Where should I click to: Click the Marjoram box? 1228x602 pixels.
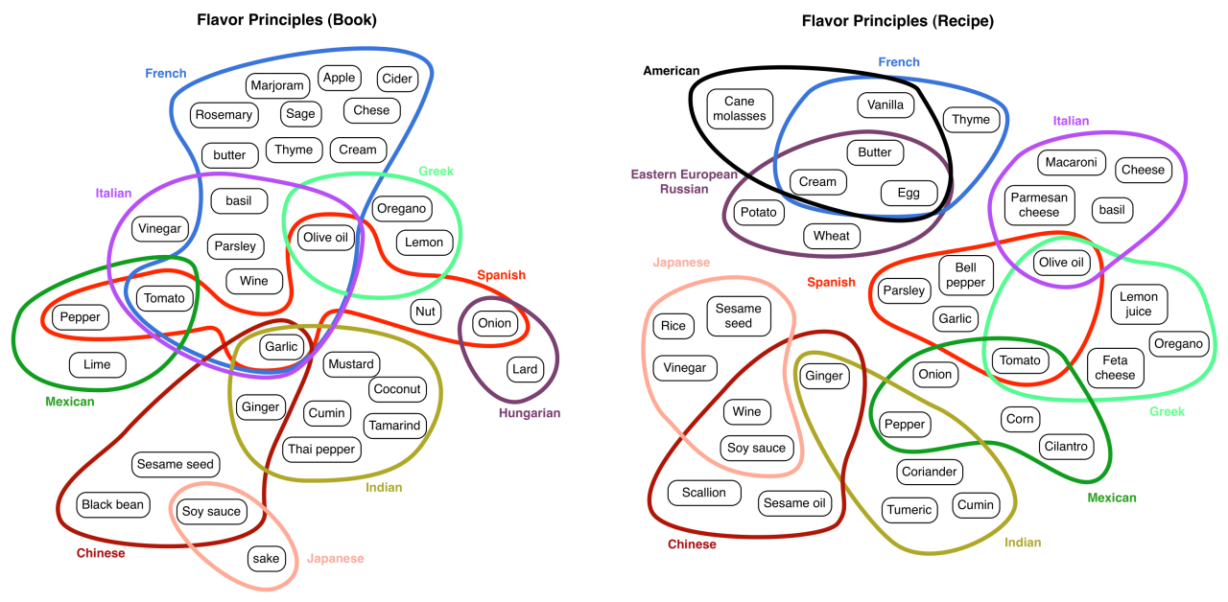(277, 85)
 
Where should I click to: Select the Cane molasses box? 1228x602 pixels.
(740, 108)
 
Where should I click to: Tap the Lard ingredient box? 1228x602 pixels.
(524, 368)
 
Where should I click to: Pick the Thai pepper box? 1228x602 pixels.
(321, 448)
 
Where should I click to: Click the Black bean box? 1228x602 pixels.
(113, 504)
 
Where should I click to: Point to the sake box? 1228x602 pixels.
(266, 558)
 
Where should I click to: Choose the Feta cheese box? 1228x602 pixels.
(1115, 367)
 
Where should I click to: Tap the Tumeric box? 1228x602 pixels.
(909, 509)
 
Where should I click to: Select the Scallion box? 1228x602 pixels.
(704, 493)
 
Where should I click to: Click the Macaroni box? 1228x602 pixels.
(1071, 162)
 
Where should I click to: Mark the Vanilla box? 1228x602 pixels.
(886, 104)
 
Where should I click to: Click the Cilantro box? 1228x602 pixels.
(1066, 446)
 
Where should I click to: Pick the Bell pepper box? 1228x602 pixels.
(965, 275)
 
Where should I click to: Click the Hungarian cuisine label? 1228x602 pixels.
(529, 413)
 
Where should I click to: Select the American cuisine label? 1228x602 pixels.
(672, 71)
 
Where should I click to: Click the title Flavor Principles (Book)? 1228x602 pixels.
(287, 19)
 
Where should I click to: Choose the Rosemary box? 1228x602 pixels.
(224, 115)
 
